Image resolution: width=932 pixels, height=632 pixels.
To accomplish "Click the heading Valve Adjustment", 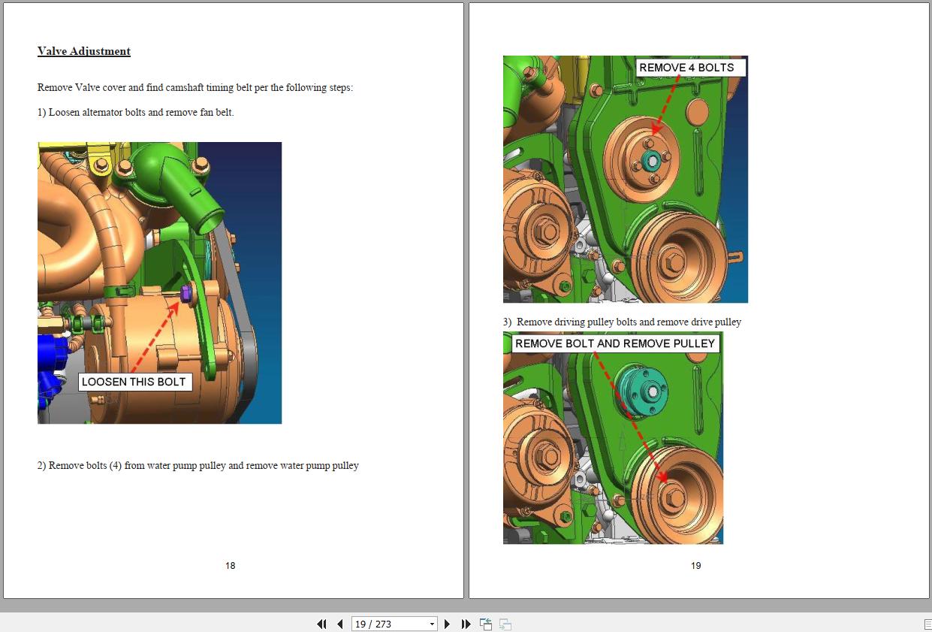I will (x=84, y=52).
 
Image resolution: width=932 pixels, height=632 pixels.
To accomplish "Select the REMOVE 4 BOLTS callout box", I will (x=686, y=68).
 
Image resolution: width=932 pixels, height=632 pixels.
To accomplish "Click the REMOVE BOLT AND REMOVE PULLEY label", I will (x=615, y=344).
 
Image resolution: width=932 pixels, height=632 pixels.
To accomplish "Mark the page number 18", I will (x=231, y=566).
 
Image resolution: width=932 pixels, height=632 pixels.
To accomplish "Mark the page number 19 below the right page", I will (x=695, y=566).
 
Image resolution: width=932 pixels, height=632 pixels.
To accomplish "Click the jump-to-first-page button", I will (x=321, y=624).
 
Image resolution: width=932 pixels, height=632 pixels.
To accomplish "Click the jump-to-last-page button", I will (x=466, y=624).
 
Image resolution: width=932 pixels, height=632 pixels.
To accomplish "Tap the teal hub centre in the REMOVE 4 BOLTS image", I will (x=652, y=159).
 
